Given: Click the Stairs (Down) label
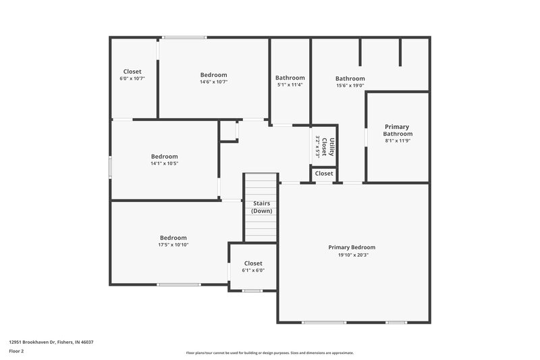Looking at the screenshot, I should tap(262, 207).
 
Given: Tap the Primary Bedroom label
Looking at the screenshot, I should tap(352, 247).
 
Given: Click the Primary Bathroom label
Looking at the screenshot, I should tap(398, 130).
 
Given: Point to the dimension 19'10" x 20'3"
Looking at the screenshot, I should tap(352, 255).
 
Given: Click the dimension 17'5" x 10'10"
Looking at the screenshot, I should tap(173, 245).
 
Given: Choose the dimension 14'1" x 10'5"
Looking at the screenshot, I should tap(164, 163).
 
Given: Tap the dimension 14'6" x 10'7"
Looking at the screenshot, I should tap(213, 82).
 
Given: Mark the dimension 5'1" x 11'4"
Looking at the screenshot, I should tap(290, 85).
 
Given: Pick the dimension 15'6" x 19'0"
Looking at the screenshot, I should tap(350, 85).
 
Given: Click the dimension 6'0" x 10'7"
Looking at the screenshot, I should tap(132, 78).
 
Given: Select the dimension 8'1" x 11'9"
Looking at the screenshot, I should tap(398, 141).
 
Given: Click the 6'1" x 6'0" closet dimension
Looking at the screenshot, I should tap(253, 270).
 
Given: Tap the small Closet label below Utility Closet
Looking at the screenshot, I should tap(324, 174).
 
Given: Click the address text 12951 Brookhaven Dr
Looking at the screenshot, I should tap(51, 342).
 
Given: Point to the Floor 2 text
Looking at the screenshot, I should tap(17, 351).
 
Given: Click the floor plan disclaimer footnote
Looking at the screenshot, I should tap(269, 353).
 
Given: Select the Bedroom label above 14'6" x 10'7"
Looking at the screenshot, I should tap(213, 74).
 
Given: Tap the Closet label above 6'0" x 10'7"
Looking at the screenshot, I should tap(132, 72).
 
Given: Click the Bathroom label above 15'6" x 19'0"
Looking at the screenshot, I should tap(350, 78).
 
